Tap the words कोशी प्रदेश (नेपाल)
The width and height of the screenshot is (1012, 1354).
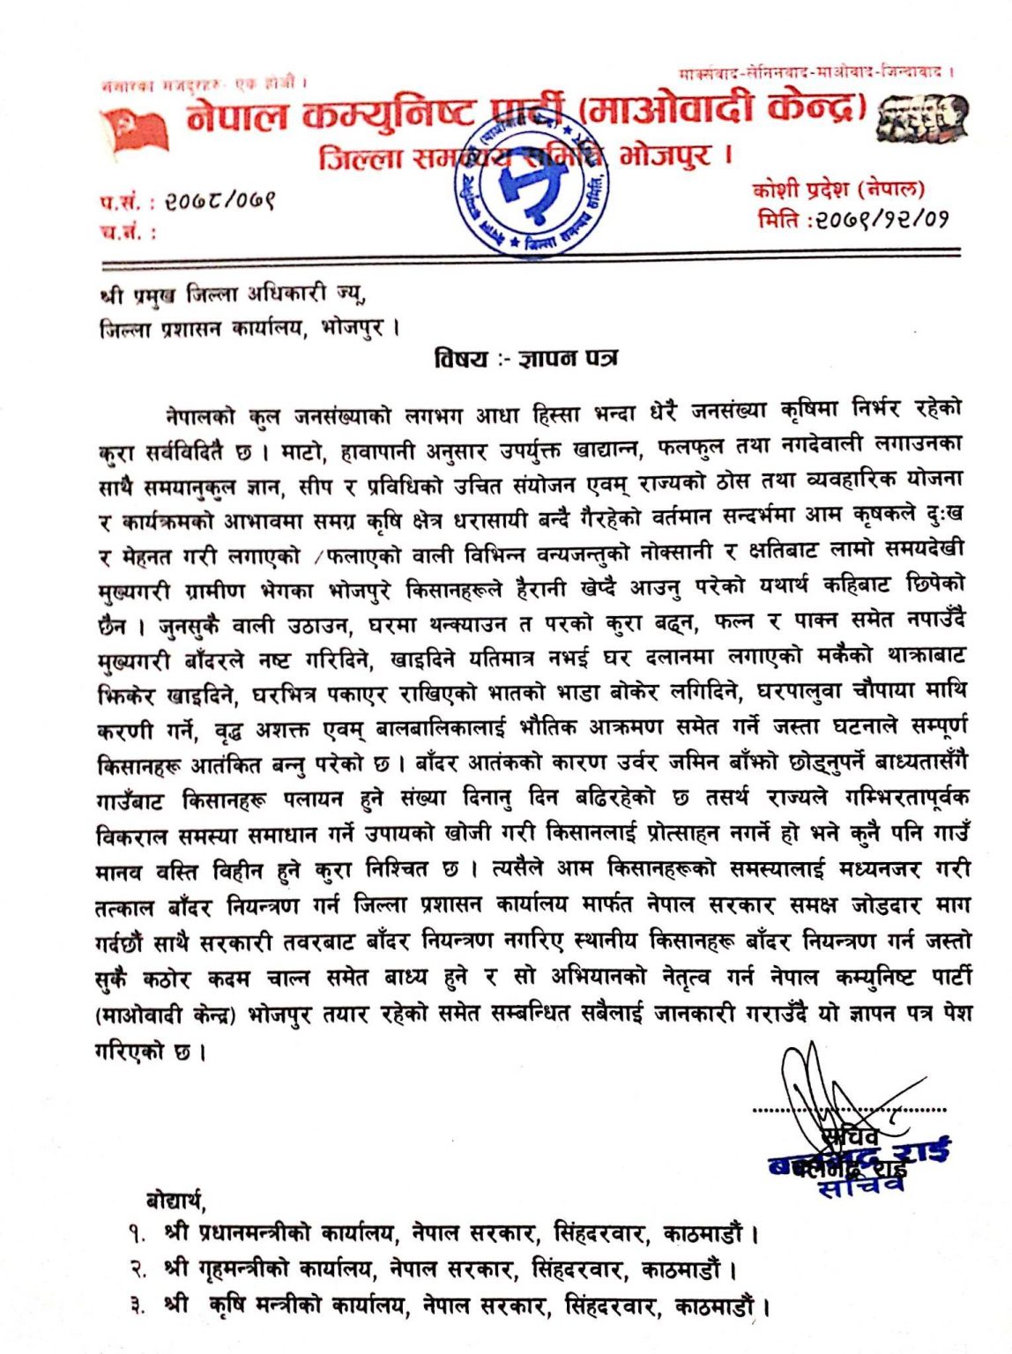(x=837, y=188)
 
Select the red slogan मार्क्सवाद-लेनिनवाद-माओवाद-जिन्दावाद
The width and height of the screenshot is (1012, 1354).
(x=815, y=71)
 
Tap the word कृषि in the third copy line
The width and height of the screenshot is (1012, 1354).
(x=231, y=1305)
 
